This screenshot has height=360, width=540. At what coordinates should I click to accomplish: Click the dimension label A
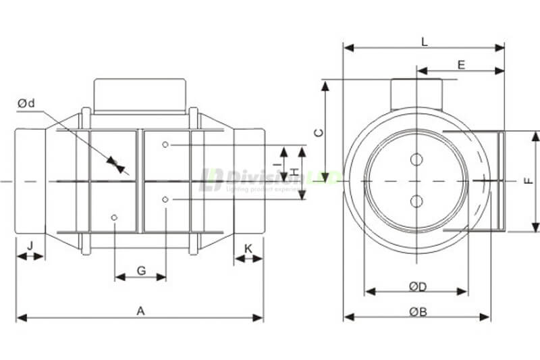coord(140,311)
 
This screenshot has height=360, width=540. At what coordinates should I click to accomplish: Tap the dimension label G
coord(141,271)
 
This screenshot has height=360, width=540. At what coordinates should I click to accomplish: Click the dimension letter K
coord(248,249)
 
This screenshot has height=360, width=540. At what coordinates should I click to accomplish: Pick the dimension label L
coord(424,41)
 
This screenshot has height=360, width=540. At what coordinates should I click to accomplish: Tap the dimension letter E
coord(461,65)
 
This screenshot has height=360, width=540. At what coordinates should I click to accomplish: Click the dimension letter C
coord(319,133)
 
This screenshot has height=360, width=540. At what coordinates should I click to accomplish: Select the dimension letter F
coord(529,181)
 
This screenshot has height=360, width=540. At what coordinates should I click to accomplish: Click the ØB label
coord(418,311)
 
